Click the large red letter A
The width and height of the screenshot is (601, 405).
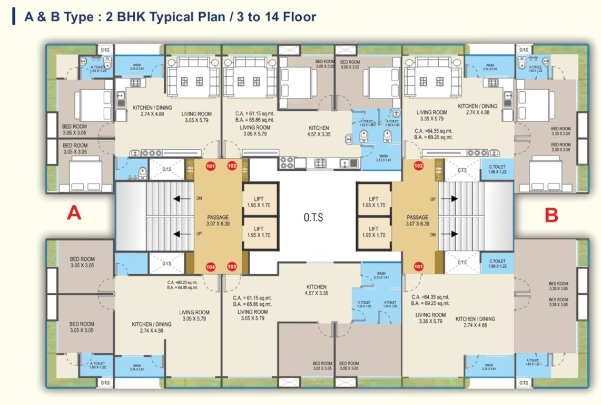[74, 213]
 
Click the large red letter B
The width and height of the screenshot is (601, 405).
[551, 215]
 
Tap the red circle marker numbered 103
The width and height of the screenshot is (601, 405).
[232, 267]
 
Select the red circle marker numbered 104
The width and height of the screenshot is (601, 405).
[211, 267]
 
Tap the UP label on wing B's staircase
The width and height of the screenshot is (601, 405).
[433, 199]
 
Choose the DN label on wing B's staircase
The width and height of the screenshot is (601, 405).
[433, 234]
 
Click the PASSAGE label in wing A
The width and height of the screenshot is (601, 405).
[217, 217]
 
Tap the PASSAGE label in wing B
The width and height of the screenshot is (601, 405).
[418, 217]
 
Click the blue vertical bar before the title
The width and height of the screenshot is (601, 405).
[14, 16]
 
